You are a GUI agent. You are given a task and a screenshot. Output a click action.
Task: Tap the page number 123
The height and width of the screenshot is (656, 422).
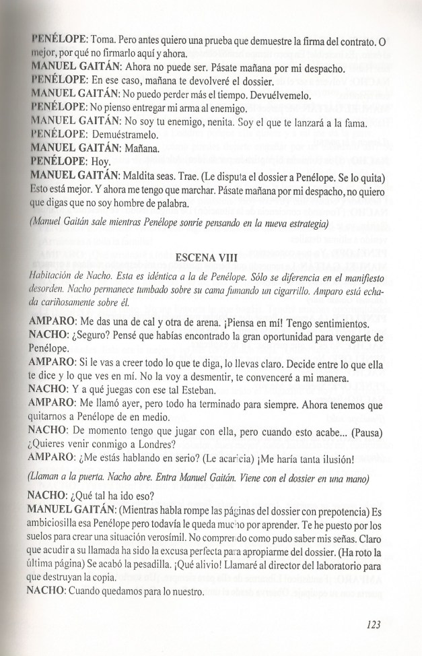point(374,624)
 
